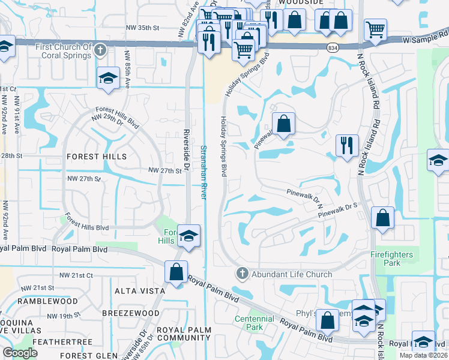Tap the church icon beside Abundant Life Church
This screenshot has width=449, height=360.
(x=242, y=274)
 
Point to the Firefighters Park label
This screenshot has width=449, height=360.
(x=392, y=259)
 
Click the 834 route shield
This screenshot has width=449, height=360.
(x=333, y=47)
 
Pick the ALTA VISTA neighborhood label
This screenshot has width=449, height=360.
(x=139, y=291)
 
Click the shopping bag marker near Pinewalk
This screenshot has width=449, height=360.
(x=283, y=124)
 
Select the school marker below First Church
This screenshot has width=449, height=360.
(x=108, y=78)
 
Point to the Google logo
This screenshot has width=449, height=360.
(x=20, y=353)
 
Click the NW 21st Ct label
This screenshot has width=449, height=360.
(x=76, y=274)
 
